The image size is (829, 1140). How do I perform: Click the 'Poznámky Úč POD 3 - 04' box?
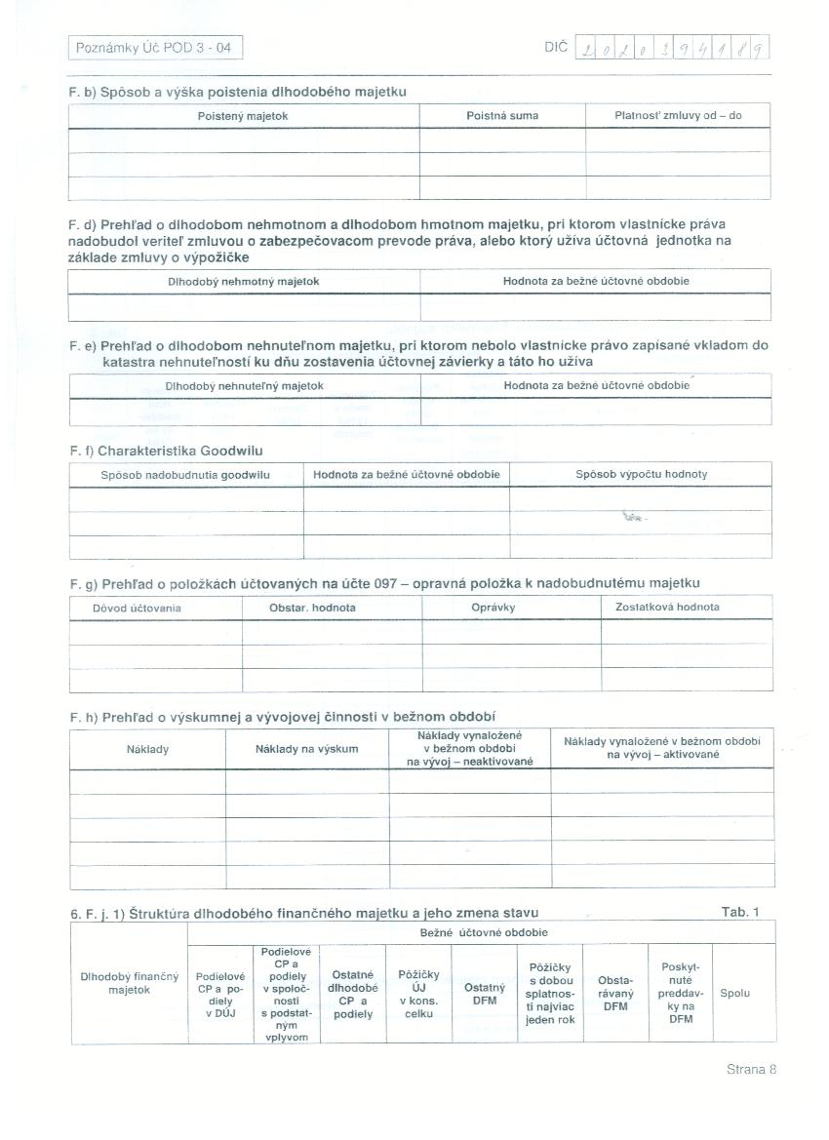coord(154,48)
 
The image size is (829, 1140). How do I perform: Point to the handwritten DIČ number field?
coord(673,47)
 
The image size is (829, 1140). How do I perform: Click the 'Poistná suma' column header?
coord(502,116)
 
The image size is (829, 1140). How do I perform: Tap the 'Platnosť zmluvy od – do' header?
coord(678,116)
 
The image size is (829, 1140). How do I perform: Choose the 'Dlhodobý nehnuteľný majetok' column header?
coord(244,386)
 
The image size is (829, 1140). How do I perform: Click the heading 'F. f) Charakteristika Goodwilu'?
coord(167,452)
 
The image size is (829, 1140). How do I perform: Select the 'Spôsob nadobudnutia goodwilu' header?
coord(185,475)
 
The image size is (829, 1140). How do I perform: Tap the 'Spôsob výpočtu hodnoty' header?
coord(641,475)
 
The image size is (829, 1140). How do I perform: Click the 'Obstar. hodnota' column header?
coord(312,608)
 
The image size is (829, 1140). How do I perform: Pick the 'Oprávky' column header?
coord(493,608)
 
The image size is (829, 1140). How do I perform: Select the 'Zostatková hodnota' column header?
coord(667,608)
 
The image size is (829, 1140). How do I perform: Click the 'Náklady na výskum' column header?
coord(306,749)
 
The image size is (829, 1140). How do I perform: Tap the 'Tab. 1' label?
coord(739,912)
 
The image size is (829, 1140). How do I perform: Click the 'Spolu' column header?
coord(734,994)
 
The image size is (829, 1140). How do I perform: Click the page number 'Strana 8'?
coord(751,1069)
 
